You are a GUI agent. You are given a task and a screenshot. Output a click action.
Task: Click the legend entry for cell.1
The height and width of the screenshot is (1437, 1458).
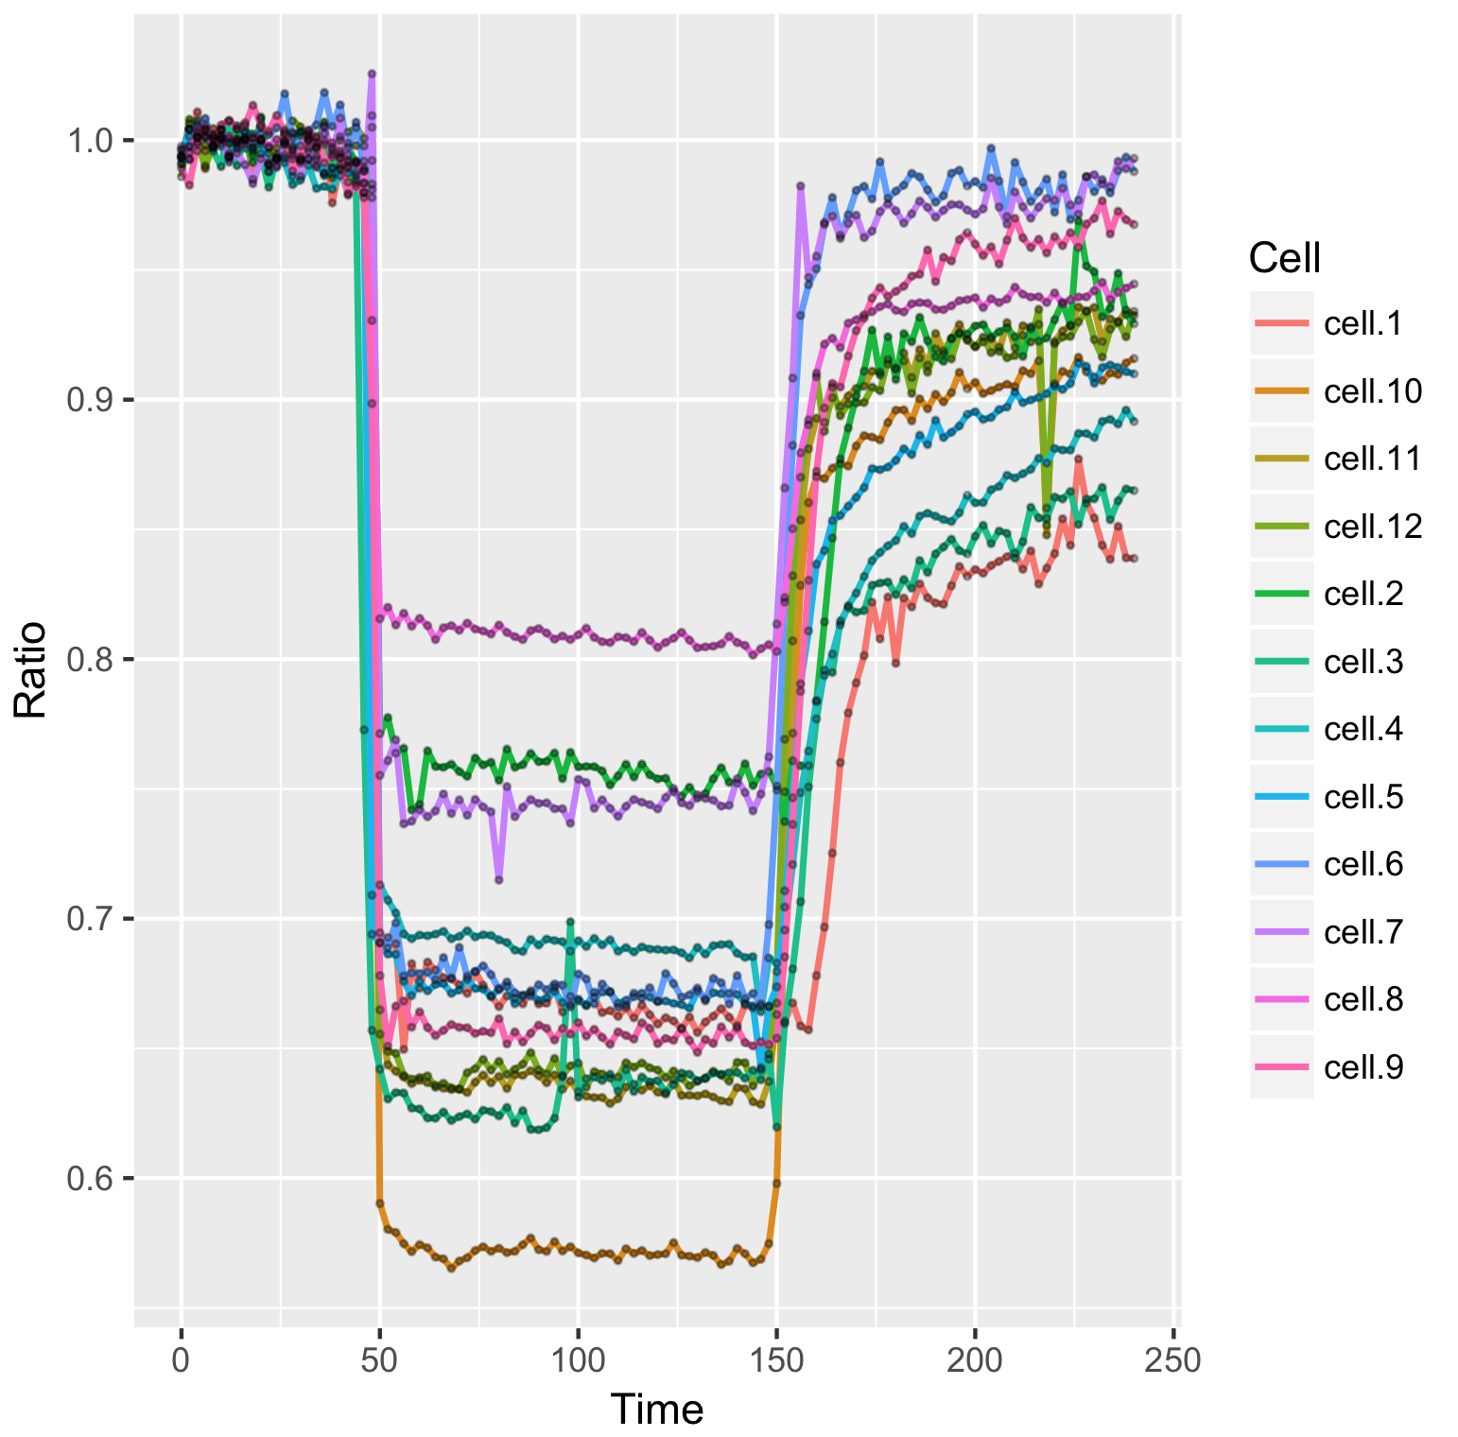[x=1363, y=323]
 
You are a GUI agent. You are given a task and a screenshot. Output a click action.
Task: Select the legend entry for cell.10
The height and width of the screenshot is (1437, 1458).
[x=1372, y=391]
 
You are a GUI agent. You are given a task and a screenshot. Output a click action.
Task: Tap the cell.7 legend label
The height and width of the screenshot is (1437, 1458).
[x=1363, y=932]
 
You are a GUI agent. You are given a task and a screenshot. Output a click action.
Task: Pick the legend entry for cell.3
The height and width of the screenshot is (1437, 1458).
[x=1363, y=662]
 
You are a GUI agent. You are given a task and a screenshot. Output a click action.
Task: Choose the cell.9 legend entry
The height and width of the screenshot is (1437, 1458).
[x=1363, y=1067]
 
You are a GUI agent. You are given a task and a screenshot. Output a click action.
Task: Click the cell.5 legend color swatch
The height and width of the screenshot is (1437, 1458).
[x=1281, y=797]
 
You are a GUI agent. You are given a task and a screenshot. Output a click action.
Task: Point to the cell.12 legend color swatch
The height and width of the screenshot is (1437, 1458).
[x=1281, y=527]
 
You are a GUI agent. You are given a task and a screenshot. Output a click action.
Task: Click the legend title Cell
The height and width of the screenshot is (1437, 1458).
[x=1284, y=257]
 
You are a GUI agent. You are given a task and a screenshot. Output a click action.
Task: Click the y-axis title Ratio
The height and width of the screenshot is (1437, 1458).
[x=30, y=669]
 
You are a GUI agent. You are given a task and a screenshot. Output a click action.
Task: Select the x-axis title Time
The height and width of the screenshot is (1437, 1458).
[x=657, y=1410]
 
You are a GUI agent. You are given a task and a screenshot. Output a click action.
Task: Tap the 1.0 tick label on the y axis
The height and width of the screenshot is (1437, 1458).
[x=87, y=140]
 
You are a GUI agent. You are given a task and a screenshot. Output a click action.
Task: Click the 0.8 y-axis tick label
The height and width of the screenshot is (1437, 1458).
[x=87, y=659]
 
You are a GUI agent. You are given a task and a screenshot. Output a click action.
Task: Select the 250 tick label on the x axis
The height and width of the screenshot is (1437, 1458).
[x=1173, y=1360]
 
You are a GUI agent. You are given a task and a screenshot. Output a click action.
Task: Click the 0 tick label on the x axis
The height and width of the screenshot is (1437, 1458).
[x=181, y=1360]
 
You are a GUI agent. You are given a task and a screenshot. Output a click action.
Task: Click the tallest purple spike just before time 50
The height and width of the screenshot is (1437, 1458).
[x=372, y=73]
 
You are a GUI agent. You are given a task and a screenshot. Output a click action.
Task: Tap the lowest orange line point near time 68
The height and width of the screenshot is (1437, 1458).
[x=451, y=1267]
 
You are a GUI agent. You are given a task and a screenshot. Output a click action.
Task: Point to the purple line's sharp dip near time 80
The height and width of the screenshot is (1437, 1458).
[x=498, y=879]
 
